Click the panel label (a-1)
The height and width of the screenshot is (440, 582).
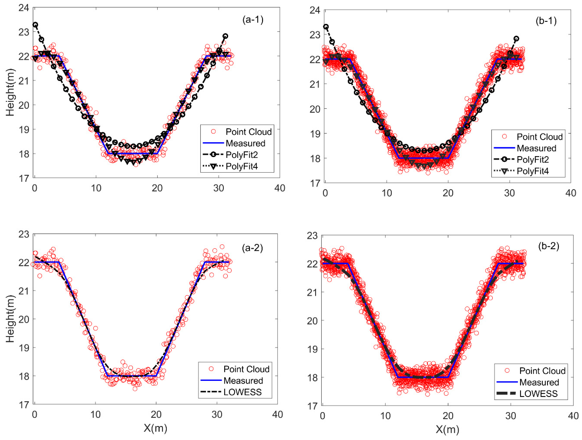click(x=253, y=20)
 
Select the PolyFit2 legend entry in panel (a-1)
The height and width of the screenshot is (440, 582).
click(x=242, y=155)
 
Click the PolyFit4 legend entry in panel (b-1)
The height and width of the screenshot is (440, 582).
click(x=533, y=171)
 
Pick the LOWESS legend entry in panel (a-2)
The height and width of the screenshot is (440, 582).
click(x=242, y=392)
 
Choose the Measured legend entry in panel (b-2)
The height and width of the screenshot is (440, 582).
click(x=539, y=382)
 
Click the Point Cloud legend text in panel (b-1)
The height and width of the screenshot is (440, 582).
click(x=540, y=137)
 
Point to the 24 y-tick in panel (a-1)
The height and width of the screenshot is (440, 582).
click(x=24, y=8)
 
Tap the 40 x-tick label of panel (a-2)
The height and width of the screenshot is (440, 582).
click(x=278, y=415)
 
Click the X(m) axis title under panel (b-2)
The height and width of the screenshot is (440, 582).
click(x=447, y=429)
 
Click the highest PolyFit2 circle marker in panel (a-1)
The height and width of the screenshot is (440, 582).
click(x=35, y=25)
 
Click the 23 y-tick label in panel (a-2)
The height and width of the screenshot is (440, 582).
click(x=24, y=234)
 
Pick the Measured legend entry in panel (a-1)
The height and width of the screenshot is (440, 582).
click(x=245, y=143)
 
